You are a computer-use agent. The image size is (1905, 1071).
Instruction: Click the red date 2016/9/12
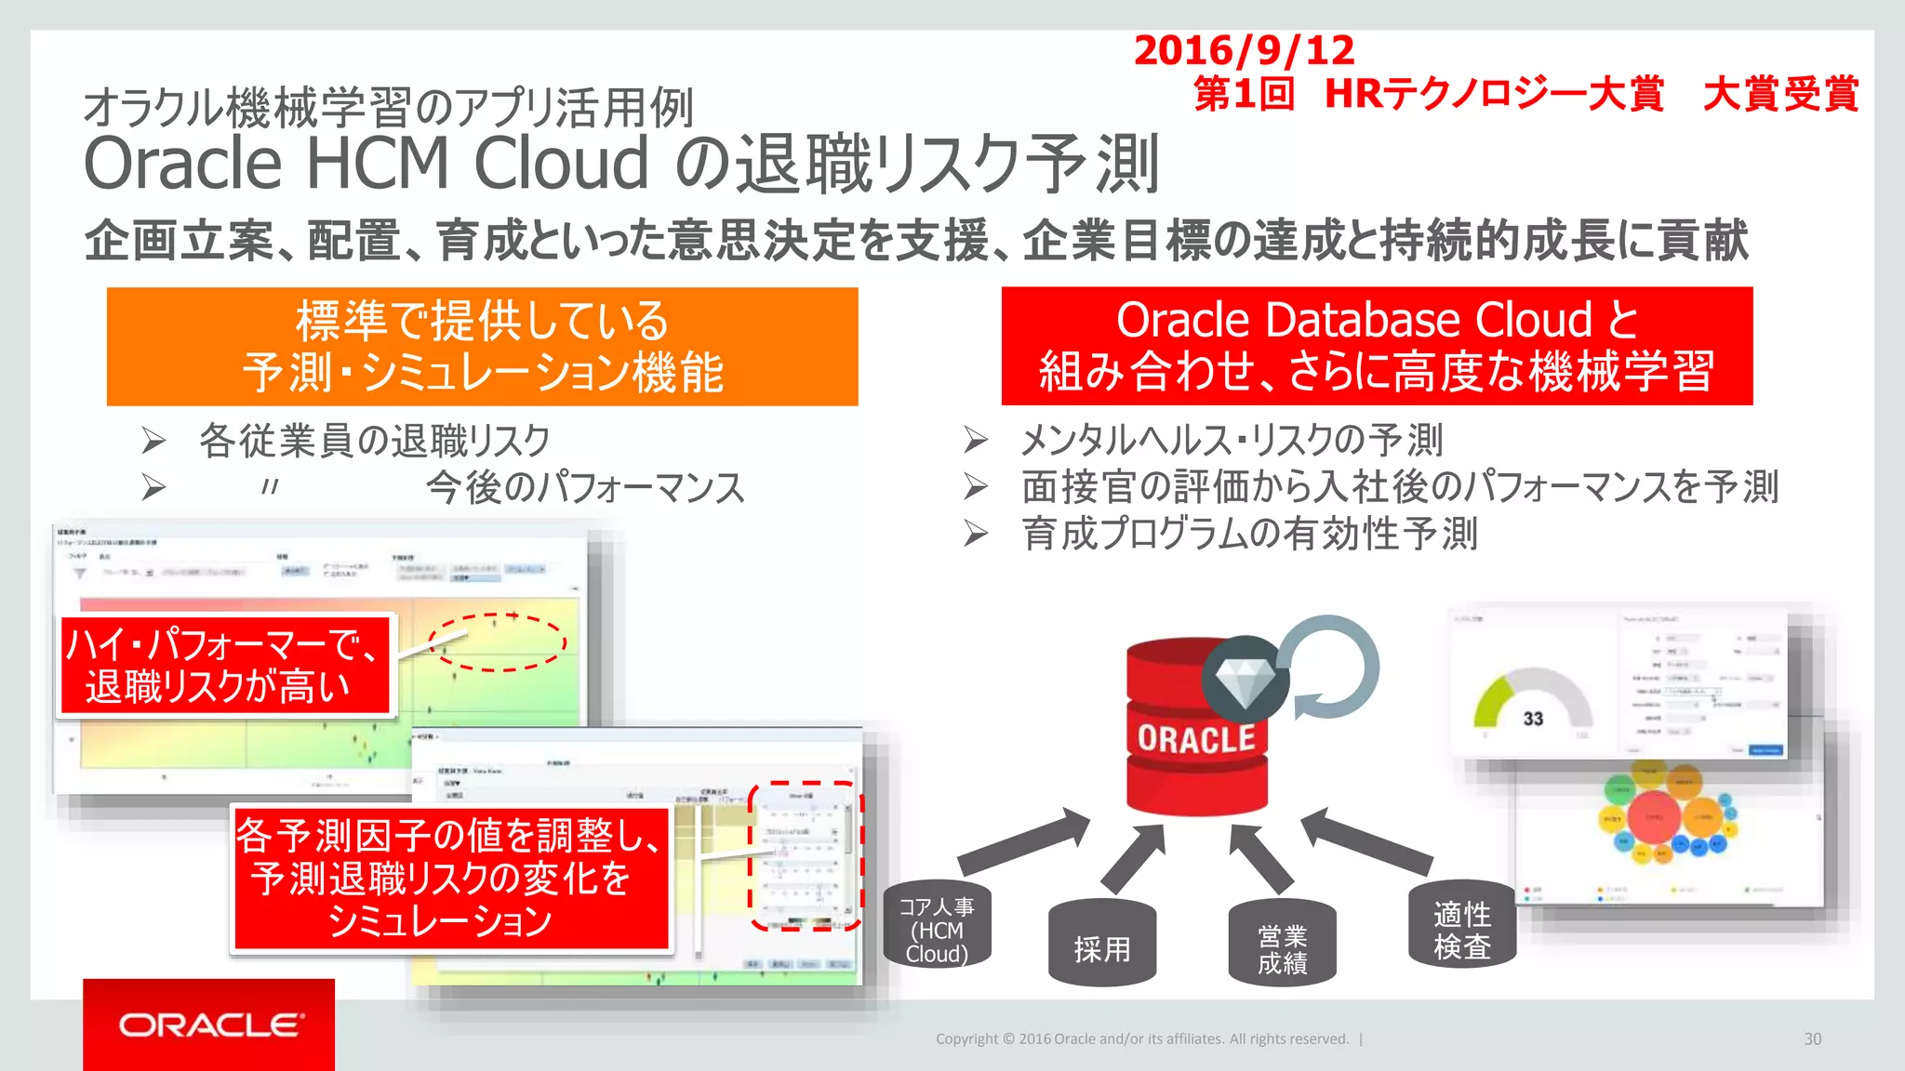pos(1244,50)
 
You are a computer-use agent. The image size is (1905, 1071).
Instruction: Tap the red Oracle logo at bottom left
pos(209,1025)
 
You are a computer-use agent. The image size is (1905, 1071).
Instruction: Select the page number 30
pos(1812,1039)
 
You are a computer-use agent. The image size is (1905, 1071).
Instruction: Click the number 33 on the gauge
pos(1533,719)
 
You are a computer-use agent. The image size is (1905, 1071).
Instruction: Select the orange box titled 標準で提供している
pos(482,347)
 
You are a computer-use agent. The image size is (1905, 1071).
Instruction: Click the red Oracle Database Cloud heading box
pos(1377,347)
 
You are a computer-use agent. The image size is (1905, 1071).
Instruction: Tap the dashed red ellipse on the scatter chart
pos(498,642)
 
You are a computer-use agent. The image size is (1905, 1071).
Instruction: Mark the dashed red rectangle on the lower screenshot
pos(806,856)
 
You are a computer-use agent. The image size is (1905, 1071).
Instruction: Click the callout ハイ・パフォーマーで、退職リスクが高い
pos(224,666)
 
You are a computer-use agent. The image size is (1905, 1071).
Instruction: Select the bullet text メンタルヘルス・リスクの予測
pos(1231,440)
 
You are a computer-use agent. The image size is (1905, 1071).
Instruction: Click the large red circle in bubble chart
pos(1654,816)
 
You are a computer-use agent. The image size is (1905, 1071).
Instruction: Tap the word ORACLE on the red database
pos(1196,739)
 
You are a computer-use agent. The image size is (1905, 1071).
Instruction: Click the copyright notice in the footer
pos(1141,1039)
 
